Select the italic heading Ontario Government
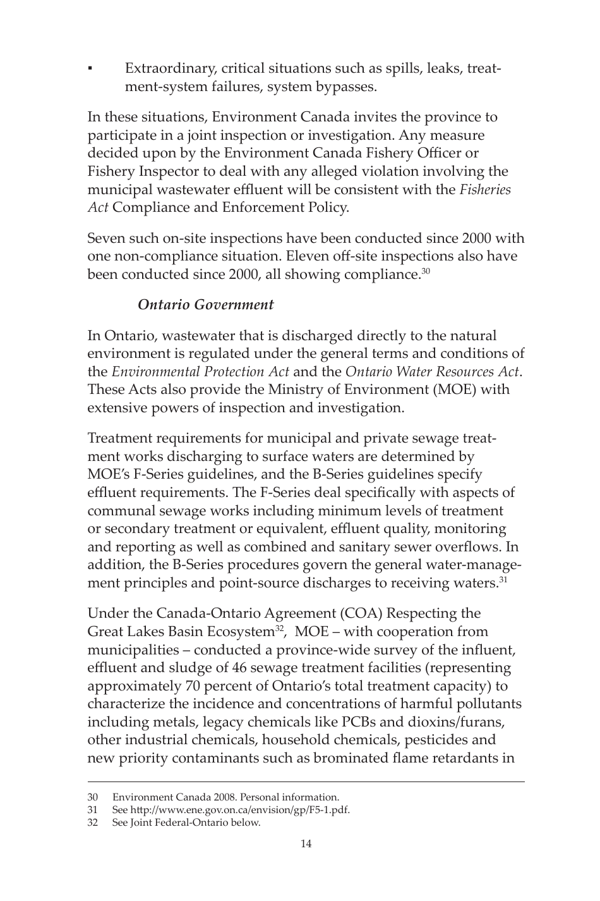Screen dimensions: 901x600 205,305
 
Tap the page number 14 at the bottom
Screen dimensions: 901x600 306,843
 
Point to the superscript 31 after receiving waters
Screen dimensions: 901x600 503,579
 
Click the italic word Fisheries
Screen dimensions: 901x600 484,190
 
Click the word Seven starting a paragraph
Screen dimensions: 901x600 106,238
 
